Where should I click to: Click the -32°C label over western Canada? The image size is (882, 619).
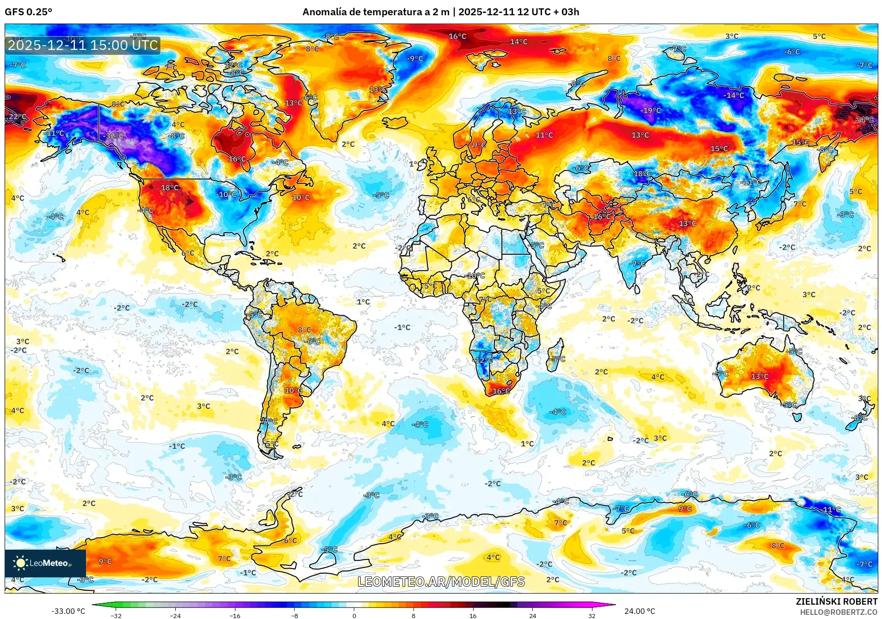point(114,136)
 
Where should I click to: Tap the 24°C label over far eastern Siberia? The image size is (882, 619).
point(864,119)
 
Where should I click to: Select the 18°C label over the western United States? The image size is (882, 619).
point(170,187)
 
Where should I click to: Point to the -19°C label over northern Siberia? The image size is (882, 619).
point(651,110)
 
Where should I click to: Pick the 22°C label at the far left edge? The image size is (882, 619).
point(18,116)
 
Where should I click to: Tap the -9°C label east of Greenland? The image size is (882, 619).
point(415,58)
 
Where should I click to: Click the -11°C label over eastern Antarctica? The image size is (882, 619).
point(831,509)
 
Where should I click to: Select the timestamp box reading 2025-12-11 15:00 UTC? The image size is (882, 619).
point(83,45)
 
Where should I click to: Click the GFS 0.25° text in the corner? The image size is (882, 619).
point(29,12)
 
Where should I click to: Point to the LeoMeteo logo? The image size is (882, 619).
point(45,563)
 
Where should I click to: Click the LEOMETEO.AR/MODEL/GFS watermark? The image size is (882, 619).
point(441,582)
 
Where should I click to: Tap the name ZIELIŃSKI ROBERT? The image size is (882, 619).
point(836,601)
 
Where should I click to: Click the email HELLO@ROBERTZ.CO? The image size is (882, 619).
point(839,612)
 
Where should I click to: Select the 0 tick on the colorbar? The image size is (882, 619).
point(354,615)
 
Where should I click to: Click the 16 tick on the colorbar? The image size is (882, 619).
point(473,615)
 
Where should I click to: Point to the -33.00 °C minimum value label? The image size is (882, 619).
point(68,611)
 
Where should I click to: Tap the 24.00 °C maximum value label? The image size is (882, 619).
point(640,611)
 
